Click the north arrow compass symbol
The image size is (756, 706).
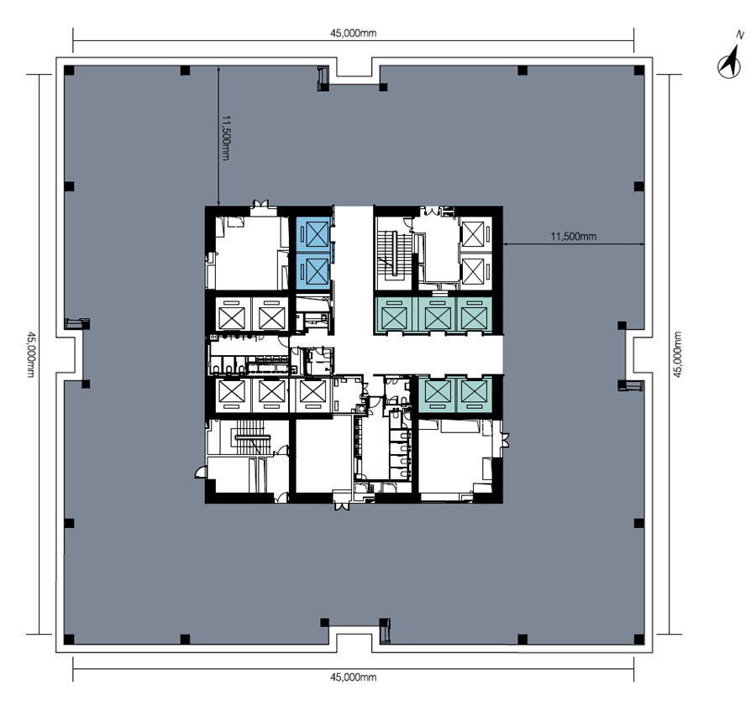729,62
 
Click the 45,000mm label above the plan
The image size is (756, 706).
353,34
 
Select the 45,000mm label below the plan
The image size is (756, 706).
353,677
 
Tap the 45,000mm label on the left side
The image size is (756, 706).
30,354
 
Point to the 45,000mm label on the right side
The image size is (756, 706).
677,354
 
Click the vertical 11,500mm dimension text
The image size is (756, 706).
226,138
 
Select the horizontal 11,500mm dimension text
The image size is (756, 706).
573,237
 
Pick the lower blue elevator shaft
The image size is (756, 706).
313,271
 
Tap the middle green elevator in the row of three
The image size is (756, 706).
437,315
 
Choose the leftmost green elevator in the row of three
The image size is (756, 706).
395,315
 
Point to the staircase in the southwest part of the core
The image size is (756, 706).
253,437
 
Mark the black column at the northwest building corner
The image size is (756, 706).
69,71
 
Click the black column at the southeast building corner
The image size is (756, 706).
639,640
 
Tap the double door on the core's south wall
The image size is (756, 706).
343,505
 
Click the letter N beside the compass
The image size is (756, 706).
739,35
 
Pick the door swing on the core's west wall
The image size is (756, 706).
200,473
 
